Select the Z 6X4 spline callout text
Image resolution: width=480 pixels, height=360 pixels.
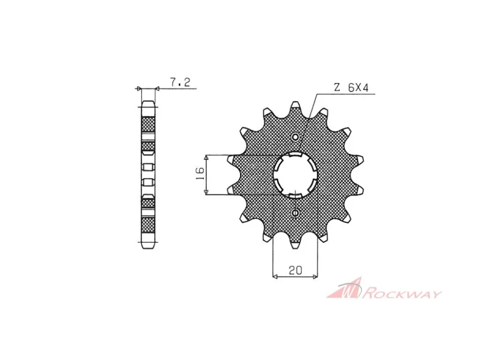click(x=351, y=87)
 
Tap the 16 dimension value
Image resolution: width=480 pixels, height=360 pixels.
click(x=200, y=174)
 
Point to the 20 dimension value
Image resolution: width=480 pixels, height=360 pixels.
click(x=295, y=270)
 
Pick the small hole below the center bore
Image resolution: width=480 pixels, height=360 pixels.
click(x=295, y=213)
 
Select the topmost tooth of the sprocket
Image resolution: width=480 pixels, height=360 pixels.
click(x=295, y=107)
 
